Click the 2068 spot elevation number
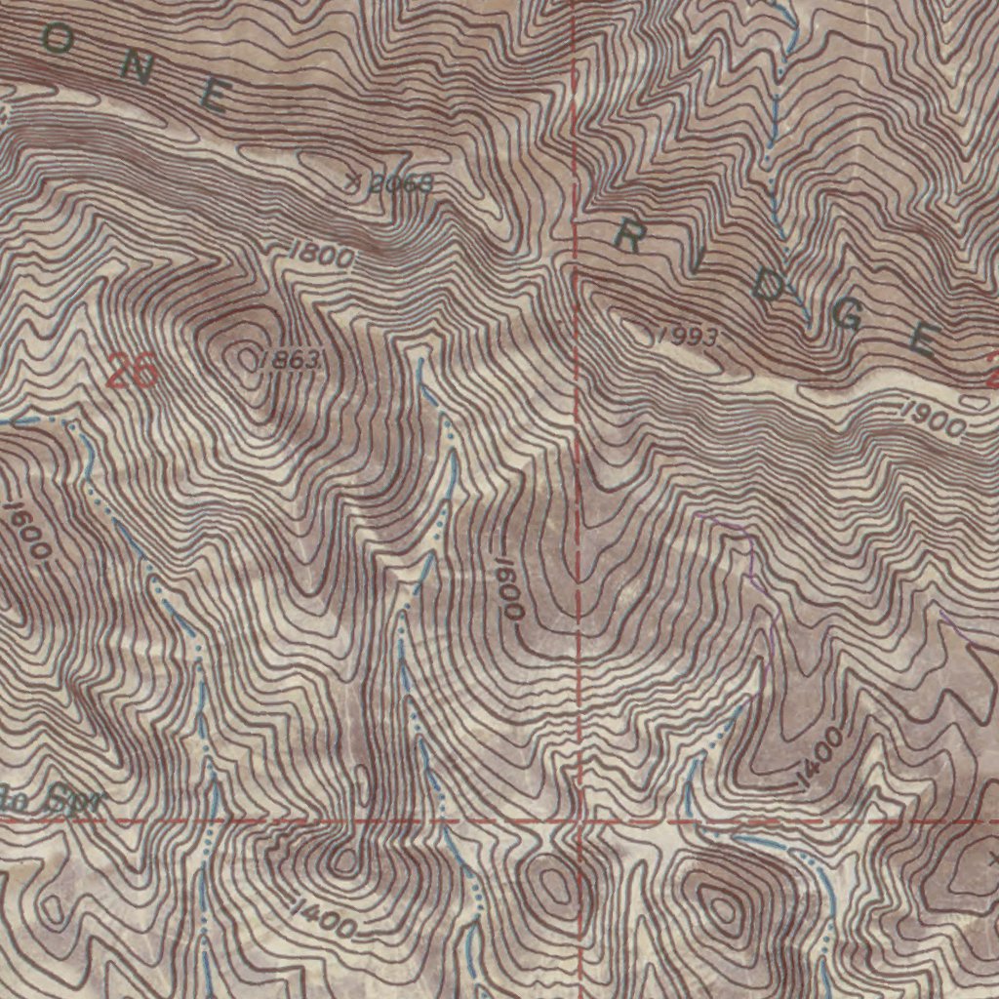400,184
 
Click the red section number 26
132,372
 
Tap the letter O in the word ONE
57,39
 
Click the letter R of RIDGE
626,237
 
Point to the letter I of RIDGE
701,262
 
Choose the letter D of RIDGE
771,287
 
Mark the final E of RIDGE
923,339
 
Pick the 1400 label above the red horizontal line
818,757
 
